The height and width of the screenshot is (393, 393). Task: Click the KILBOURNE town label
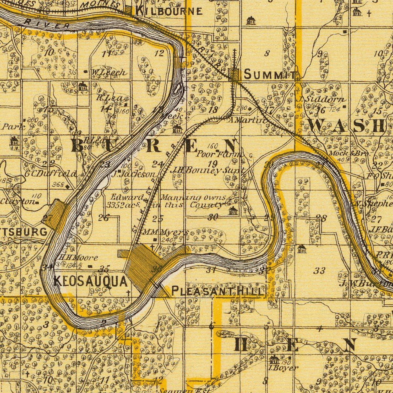[169, 11]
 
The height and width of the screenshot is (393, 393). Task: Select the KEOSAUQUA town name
[91, 282]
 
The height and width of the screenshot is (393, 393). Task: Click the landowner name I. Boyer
[284, 368]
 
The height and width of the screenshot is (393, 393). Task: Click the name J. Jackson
[134, 174]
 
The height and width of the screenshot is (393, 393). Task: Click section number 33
[320, 271]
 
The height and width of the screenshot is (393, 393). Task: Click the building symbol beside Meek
[177, 129]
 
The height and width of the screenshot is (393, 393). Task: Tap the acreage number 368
[58, 184]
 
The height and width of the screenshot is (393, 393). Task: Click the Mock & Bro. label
[348, 153]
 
